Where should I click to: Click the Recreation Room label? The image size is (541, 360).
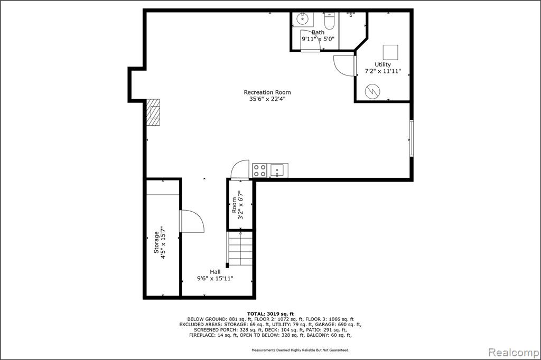(x=267, y=92)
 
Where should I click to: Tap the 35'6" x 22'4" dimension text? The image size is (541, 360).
(x=267, y=99)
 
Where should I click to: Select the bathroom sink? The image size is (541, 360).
(x=303, y=20)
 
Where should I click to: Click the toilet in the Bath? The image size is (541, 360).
(x=330, y=21)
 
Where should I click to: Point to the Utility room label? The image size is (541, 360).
(x=383, y=64)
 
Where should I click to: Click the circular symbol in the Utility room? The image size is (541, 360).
(x=372, y=91)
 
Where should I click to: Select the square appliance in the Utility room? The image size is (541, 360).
(x=390, y=52)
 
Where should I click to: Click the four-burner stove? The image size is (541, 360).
(x=259, y=170)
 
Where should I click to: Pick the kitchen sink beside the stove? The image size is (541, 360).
(x=277, y=170)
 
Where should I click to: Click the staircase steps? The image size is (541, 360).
(x=239, y=248)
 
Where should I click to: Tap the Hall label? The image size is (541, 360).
(x=215, y=272)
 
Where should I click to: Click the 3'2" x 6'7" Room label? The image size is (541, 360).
(x=238, y=205)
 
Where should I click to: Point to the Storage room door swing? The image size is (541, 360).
(x=192, y=221)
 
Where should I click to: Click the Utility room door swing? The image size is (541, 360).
(x=344, y=65)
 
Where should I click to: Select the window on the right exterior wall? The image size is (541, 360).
(x=411, y=138)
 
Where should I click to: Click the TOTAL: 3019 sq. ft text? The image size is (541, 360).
(x=270, y=314)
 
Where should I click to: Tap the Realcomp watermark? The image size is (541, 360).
(x=514, y=353)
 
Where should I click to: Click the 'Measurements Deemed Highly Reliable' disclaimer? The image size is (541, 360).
(x=300, y=350)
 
